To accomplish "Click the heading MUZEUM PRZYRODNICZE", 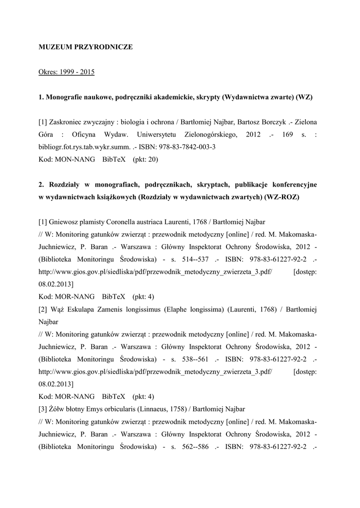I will tap(86, 47).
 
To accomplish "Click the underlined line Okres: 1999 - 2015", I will tap(67, 72).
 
